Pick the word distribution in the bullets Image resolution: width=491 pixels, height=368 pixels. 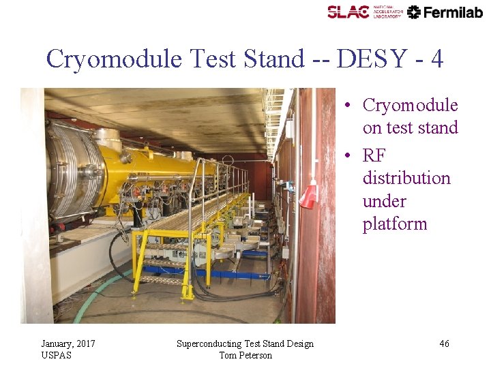tap(406, 179)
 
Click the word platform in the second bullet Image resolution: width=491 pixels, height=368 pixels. tap(395, 224)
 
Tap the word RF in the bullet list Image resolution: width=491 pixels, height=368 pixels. tap(374, 155)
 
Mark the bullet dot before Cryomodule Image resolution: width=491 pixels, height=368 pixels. tap(348, 106)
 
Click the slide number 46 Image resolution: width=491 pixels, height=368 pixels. tap(444, 344)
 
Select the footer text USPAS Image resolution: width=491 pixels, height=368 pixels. tap(56, 355)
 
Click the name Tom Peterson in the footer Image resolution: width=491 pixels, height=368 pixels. tap(245, 355)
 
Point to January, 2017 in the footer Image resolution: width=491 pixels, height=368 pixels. tap(68, 343)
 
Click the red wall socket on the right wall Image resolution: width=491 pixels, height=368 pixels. tap(309, 196)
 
